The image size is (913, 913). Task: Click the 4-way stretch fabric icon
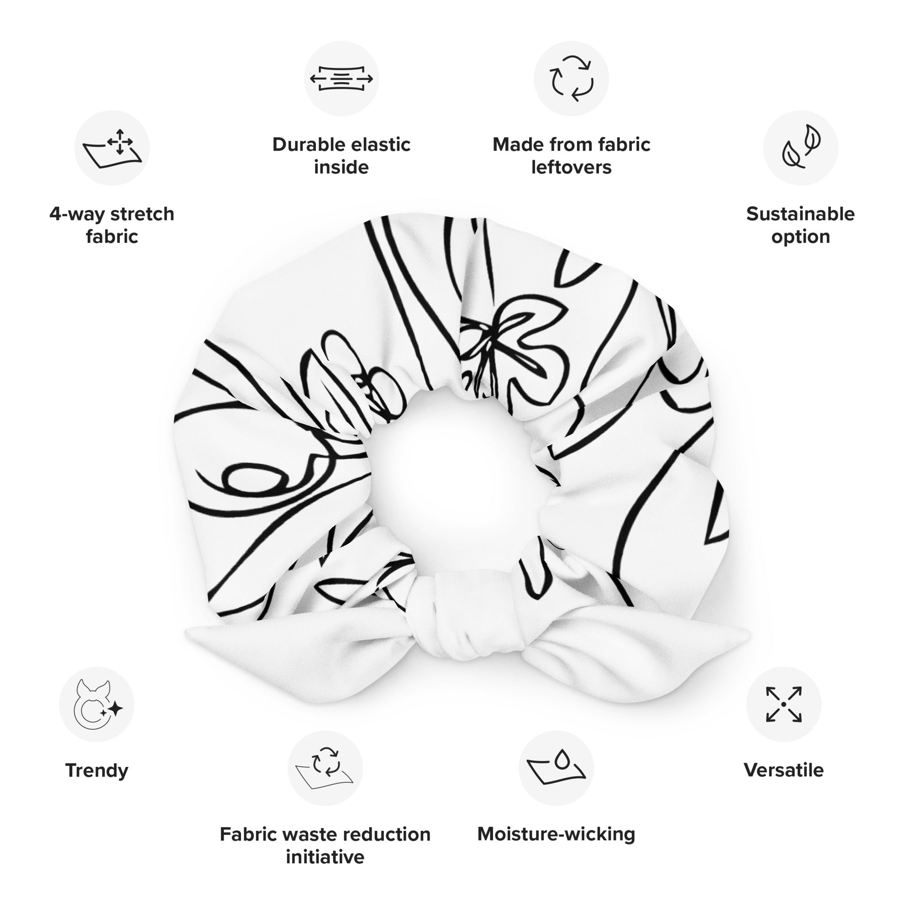click(112, 148)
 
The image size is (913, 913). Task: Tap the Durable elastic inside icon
click(341, 79)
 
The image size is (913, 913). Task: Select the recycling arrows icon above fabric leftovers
click(572, 79)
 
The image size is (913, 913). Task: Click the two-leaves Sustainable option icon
click(801, 148)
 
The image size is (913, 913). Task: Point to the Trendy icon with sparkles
click(97, 704)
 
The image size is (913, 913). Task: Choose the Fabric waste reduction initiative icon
click(325, 768)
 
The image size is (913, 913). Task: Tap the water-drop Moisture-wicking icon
click(556, 768)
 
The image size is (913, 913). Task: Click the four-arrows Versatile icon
click(783, 704)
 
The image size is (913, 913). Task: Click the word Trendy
click(97, 771)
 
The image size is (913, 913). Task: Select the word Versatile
click(783, 770)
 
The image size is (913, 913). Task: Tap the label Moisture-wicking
click(556, 834)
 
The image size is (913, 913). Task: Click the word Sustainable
click(801, 214)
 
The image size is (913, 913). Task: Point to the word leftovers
click(572, 167)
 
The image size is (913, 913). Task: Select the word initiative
click(325, 857)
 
